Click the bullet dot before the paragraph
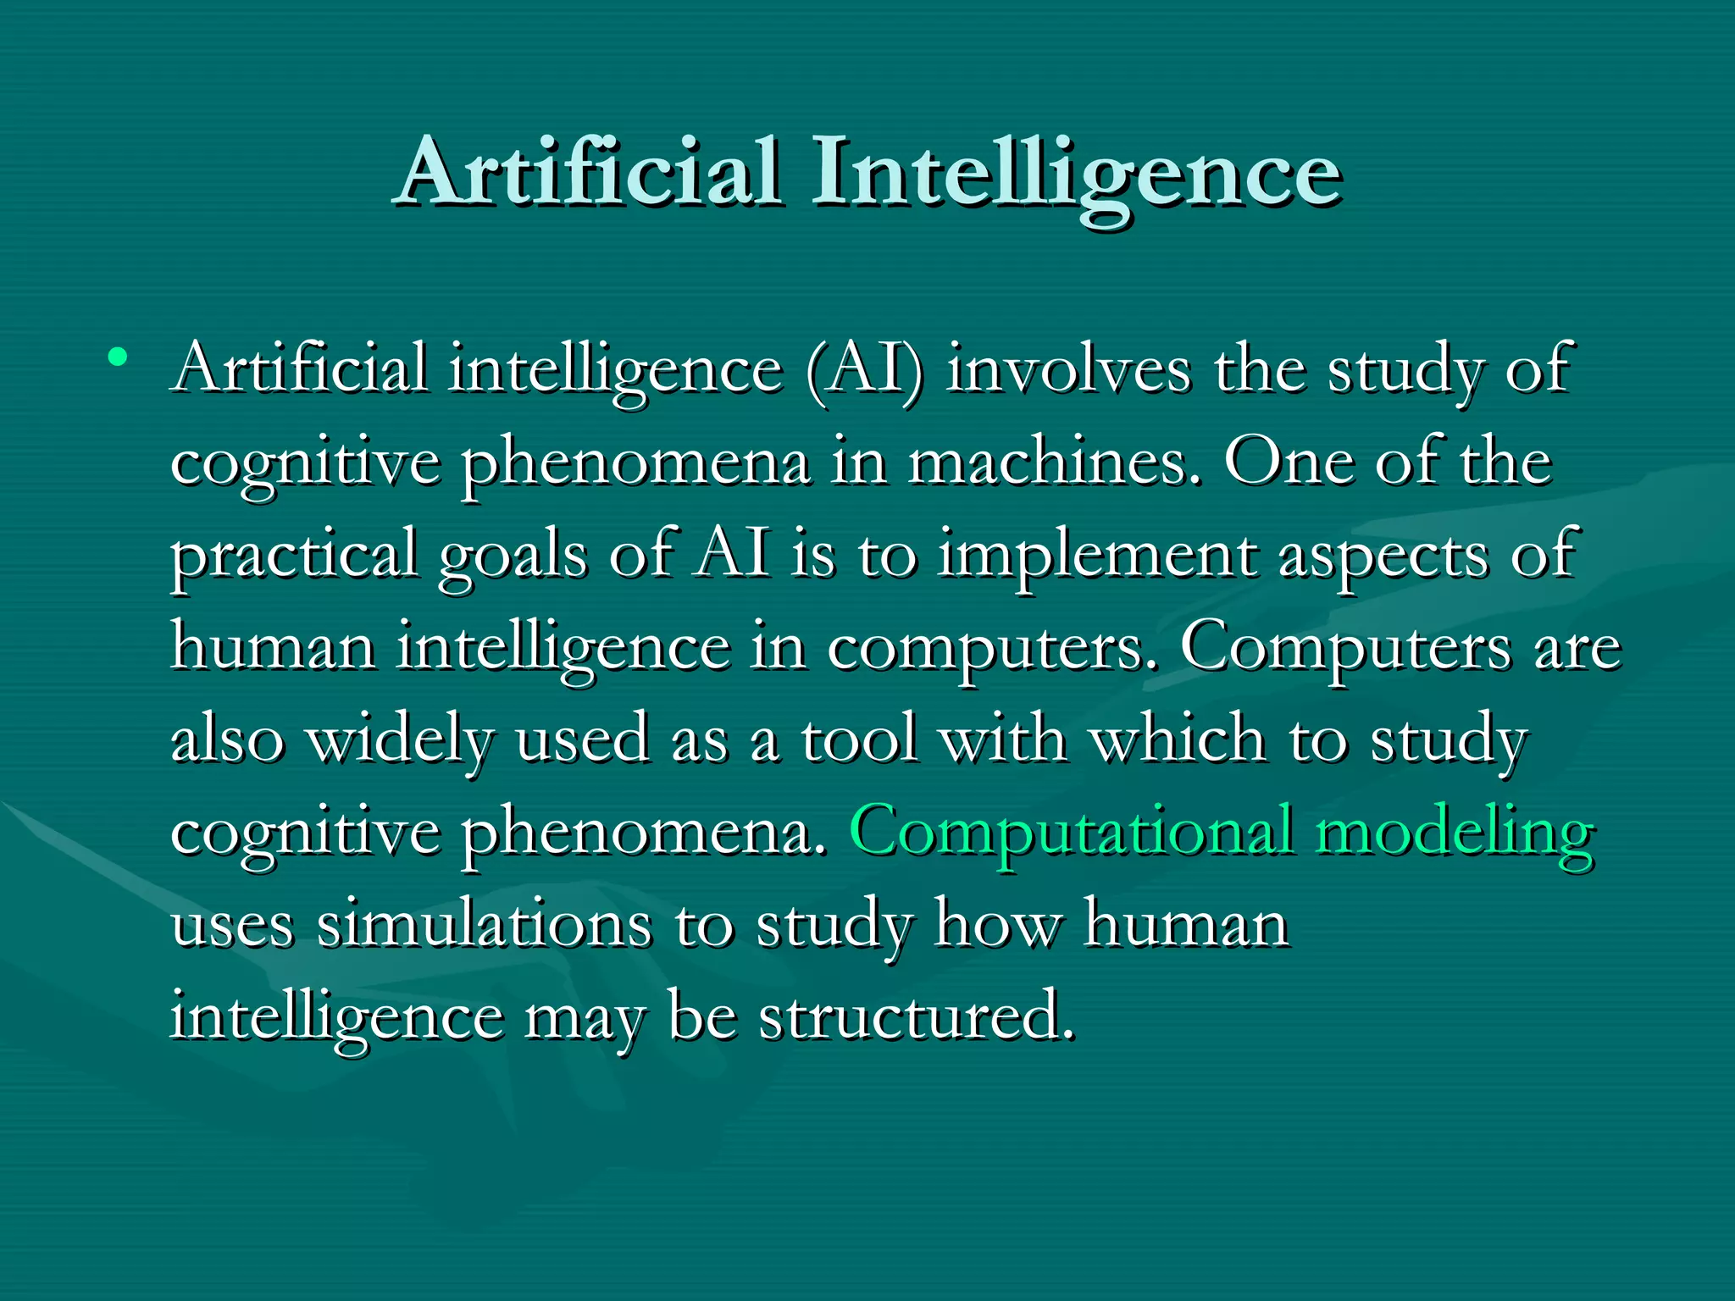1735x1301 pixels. (x=118, y=357)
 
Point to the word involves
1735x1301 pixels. (x=1068, y=370)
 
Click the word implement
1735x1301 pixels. (x=1098, y=557)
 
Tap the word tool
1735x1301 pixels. (x=859, y=739)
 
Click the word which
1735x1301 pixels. (x=1178, y=739)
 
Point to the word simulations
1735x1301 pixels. (x=484, y=925)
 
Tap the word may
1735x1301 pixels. (x=585, y=1020)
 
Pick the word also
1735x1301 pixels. (x=227, y=739)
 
